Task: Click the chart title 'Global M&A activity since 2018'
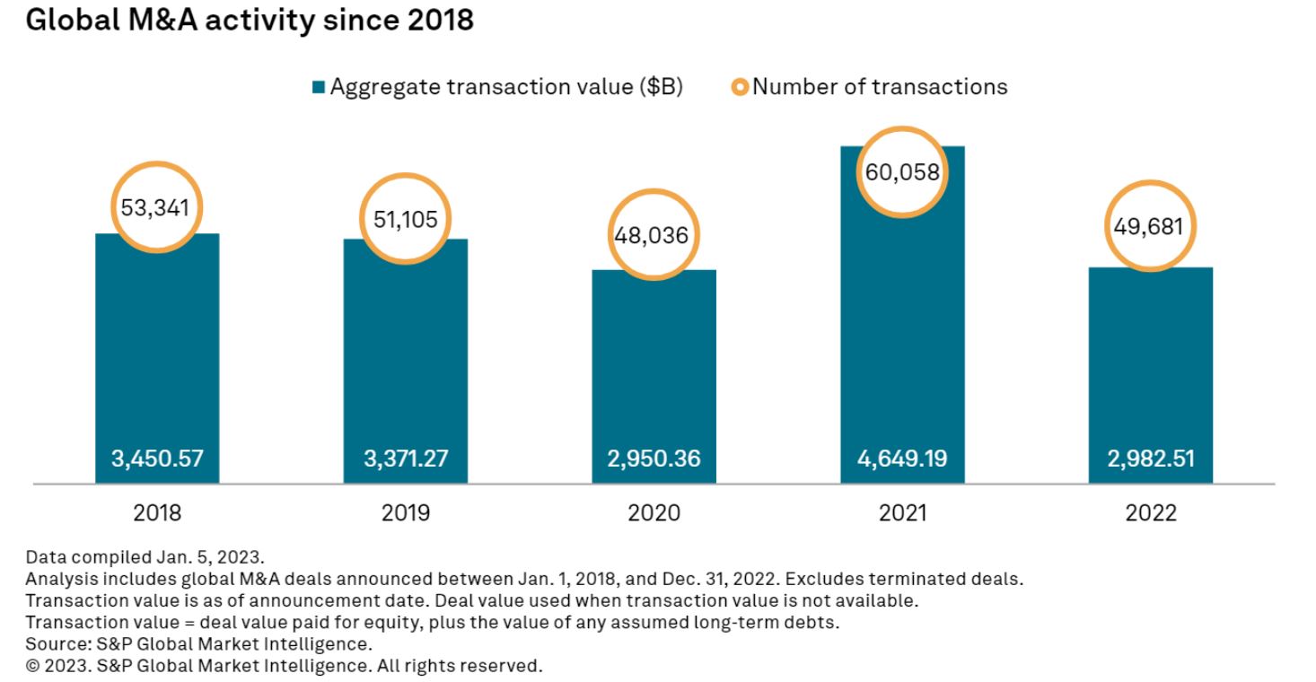tap(250, 21)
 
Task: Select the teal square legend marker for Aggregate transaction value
tap(318, 88)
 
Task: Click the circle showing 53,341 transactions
tap(157, 208)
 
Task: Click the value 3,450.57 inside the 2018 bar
tap(157, 459)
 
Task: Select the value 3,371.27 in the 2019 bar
tap(406, 459)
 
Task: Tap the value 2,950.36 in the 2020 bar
tap(654, 459)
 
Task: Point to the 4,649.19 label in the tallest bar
tap(902, 459)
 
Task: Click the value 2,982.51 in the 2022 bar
tap(1150, 459)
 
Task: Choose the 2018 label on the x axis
tap(157, 513)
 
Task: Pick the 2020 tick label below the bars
tap(654, 513)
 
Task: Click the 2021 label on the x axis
tap(902, 513)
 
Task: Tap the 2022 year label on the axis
tap(1150, 513)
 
